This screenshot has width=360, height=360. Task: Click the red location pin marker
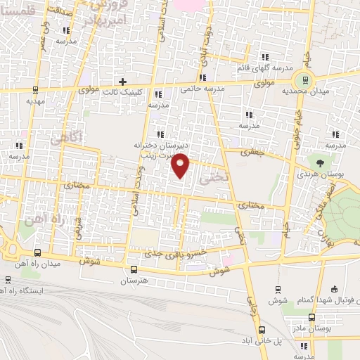pyautogui.click(x=181, y=165)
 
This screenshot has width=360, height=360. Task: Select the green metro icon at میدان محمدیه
pyautogui.click(x=304, y=78)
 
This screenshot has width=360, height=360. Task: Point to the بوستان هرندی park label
pyautogui.click(x=321, y=173)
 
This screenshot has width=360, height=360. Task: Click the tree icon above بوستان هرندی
pyautogui.click(x=321, y=162)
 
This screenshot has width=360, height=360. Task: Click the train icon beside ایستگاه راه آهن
pyautogui.click(x=6, y=290)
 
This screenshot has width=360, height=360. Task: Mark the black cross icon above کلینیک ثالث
pyautogui.click(x=123, y=82)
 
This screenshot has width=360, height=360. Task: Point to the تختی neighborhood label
pyautogui.click(x=214, y=178)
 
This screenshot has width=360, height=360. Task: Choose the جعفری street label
pyautogui.click(x=250, y=150)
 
